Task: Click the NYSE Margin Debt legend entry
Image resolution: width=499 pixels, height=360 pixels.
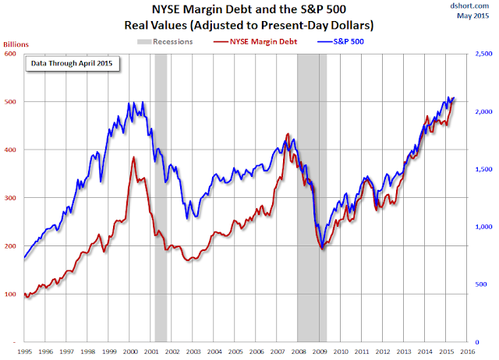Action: point(255,41)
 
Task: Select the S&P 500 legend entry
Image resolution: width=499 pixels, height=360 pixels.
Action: point(341,41)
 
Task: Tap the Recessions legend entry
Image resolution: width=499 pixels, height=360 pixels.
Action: point(165,41)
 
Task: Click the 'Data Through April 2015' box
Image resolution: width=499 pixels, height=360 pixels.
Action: point(73,64)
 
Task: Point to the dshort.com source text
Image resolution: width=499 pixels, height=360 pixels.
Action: point(469,5)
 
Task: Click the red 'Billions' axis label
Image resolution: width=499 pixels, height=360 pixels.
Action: point(16,44)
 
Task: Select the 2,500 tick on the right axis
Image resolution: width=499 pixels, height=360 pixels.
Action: point(483,54)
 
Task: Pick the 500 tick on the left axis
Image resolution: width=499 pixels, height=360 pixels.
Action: point(10,102)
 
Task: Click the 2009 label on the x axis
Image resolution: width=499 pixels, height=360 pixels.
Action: point(320,351)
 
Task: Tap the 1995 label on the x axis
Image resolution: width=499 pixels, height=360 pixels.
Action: point(24,351)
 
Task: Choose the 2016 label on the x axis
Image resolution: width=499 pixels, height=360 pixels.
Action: point(467,351)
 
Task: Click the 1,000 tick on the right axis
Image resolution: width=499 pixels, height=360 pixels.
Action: point(483,227)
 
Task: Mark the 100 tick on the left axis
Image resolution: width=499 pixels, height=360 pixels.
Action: point(10,295)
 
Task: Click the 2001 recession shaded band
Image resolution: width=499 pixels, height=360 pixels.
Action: point(161,198)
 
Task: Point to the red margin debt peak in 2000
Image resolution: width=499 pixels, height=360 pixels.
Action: point(133,157)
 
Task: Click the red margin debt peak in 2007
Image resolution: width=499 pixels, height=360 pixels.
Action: point(288,134)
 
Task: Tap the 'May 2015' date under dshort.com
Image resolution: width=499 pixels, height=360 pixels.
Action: point(473,16)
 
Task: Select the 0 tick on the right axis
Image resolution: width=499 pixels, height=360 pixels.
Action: point(477,342)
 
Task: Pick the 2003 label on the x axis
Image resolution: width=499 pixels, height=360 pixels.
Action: point(193,351)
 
